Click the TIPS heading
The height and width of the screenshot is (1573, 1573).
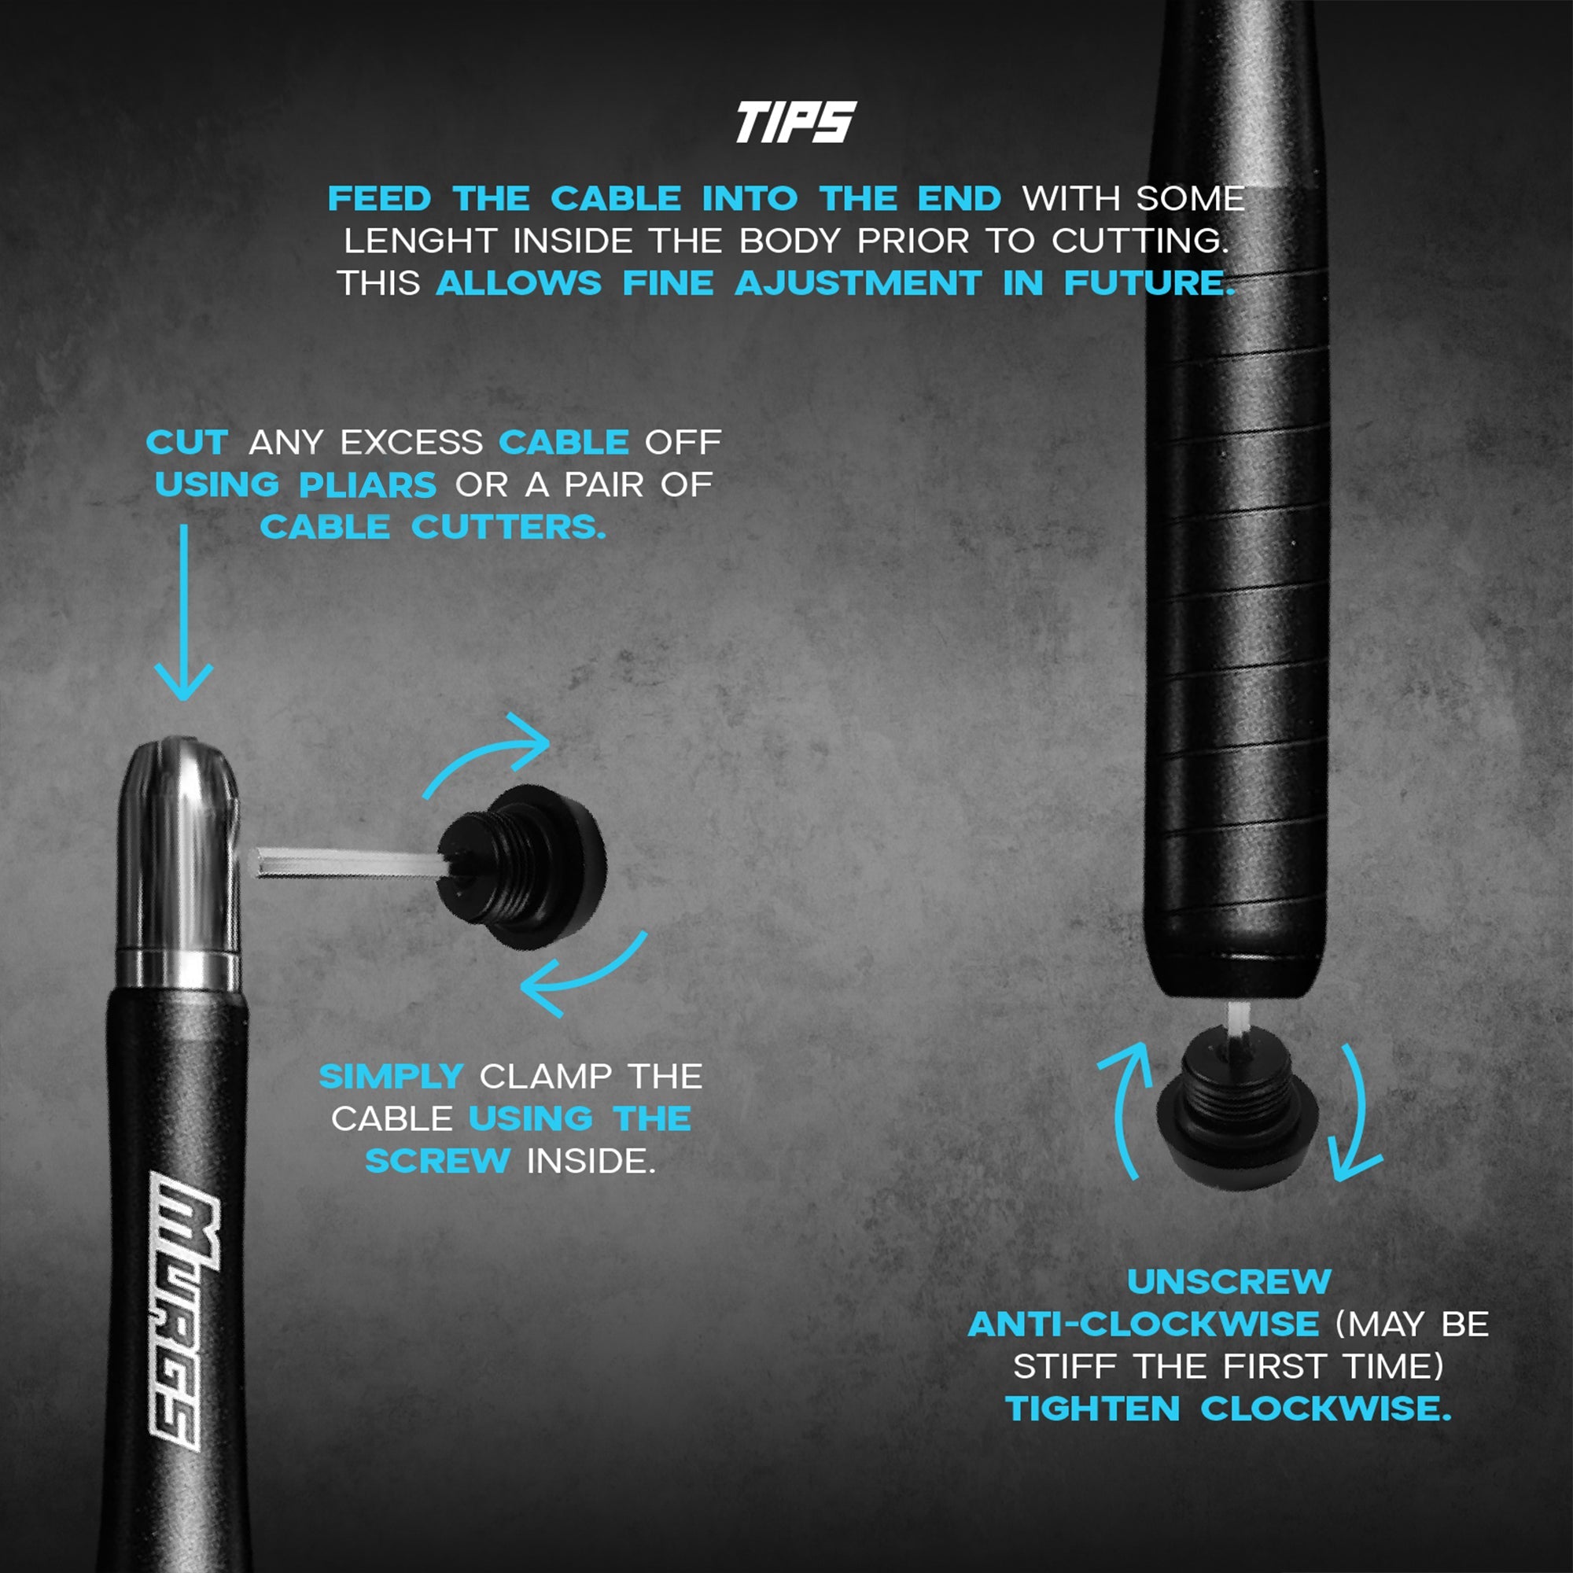click(795, 122)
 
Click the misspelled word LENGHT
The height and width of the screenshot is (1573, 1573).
click(419, 241)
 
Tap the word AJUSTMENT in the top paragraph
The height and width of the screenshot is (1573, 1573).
click(858, 283)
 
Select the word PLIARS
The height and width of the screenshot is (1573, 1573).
click(368, 485)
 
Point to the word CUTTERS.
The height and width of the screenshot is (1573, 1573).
click(509, 528)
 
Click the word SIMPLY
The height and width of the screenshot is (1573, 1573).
click(391, 1077)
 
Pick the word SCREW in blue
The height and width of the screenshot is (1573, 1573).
click(437, 1161)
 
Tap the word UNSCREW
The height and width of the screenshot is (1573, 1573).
click(1229, 1281)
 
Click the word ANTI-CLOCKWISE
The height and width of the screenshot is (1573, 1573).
click(1143, 1324)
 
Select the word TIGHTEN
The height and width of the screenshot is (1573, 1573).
click(1092, 1409)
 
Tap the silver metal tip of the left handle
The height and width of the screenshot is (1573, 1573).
click(179, 863)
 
